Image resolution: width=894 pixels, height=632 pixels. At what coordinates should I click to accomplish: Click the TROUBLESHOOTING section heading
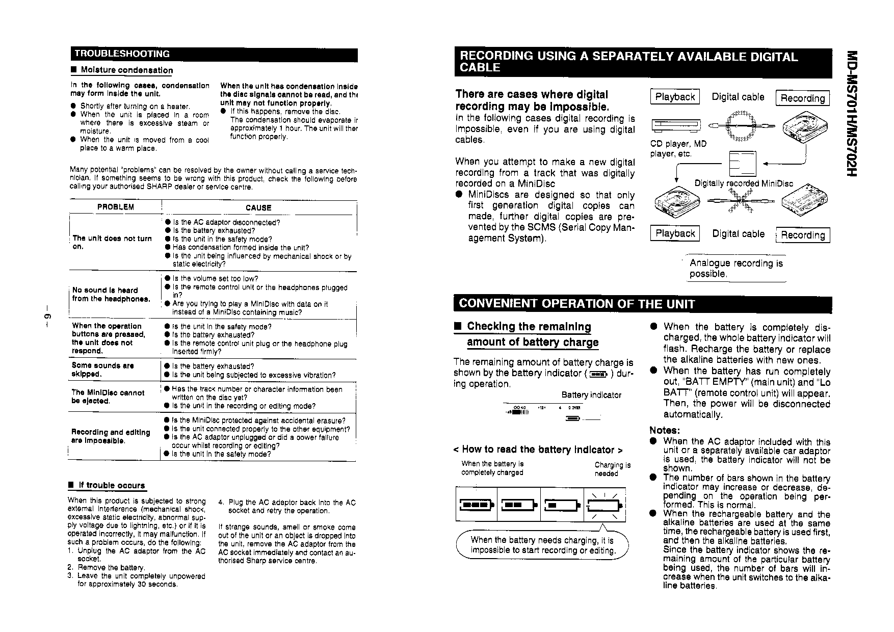(x=122, y=54)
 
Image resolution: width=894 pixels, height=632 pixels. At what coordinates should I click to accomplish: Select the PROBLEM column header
(x=116, y=207)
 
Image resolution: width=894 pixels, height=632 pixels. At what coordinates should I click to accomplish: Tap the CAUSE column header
(x=258, y=207)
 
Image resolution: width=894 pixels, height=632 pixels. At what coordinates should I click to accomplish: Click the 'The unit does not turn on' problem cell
(x=112, y=242)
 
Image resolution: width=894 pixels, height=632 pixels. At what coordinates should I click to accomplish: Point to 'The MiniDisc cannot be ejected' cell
(x=108, y=397)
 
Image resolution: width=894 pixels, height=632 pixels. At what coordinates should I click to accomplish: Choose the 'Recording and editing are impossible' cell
(x=111, y=436)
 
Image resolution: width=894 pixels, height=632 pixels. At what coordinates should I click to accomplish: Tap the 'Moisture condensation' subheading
(x=126, y=70)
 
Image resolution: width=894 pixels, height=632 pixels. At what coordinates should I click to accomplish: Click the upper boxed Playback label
(x=675, y=97)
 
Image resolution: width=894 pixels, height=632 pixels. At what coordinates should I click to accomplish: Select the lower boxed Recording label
(x=803, y=235)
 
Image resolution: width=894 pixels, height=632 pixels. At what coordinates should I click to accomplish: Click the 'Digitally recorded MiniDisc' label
(x=744, y=183)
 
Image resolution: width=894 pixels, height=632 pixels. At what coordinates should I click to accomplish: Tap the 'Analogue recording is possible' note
(x=736, y=268)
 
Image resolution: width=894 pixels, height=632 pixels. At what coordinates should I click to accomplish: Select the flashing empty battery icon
(x=604, y=505)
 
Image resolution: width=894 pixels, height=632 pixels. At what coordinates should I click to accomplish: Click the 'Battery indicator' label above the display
(x=591, y=395)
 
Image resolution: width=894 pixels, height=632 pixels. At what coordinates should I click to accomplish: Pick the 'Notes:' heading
(x=665, y=430)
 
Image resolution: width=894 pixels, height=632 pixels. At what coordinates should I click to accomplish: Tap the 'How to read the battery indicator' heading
(x=538, y=450)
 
